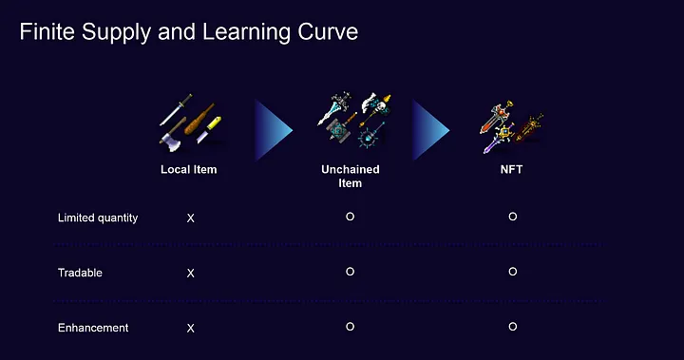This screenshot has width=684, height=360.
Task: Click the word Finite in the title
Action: click(47, 32)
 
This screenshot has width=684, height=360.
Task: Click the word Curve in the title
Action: click(328, 32)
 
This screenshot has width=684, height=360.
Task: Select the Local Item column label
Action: click(188, 169)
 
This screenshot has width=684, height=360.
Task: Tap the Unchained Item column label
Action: click(351, 177)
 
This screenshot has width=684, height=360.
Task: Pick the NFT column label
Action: click(511, 169)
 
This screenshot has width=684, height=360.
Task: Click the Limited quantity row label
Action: click(98, 218)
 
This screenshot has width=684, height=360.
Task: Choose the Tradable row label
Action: click(80, 273)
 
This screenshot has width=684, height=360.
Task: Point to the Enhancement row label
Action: click(93, 328)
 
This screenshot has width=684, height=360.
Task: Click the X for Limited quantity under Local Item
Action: click(191, 218)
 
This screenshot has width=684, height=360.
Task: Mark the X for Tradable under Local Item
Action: click(191, 274)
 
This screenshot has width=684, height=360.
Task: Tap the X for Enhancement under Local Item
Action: click(191, 328)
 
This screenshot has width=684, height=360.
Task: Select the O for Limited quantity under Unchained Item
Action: click(350, 217)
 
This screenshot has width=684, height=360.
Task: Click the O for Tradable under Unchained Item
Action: click(350, 272)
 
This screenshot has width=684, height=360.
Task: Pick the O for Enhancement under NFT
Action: click(513, 327)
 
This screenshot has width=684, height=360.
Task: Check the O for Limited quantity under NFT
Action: click(513, 217)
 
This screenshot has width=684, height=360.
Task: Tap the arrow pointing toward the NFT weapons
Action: click(428, 130)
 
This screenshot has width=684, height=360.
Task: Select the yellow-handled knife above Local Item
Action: click(208, 129)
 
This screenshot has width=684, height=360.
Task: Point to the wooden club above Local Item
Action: click(199, 120)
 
